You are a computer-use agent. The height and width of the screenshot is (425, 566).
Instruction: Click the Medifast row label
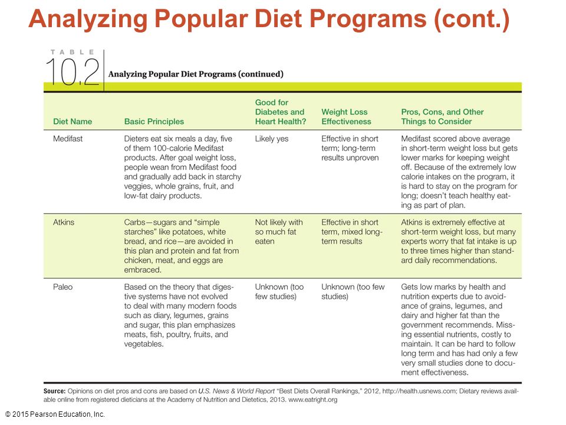67,139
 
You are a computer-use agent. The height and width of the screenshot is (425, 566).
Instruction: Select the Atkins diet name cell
64,223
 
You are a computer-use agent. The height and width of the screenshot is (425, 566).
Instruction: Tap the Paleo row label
62,287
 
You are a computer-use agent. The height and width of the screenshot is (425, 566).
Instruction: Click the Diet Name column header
72,122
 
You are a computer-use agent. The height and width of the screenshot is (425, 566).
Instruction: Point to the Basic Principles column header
154,122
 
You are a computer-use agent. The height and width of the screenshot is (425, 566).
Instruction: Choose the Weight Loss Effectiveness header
346,117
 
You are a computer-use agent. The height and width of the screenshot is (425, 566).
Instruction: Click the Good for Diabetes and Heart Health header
280,112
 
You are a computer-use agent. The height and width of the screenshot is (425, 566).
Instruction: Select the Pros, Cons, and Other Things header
442,117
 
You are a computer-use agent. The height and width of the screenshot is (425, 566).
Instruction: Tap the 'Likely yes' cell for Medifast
271,139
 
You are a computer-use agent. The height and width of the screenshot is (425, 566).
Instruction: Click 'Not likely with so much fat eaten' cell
279,231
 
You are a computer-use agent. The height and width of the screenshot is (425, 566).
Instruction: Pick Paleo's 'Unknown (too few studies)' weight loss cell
353,292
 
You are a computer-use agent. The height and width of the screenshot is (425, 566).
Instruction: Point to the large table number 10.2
72,73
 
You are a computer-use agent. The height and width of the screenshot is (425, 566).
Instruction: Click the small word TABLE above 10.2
72,52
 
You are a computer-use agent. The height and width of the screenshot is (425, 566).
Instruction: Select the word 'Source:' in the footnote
54,391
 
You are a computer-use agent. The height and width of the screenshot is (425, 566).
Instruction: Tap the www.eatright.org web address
312,400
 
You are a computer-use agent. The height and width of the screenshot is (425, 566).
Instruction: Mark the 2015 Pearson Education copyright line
55,414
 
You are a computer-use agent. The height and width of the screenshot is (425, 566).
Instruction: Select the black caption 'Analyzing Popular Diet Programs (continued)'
196,74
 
